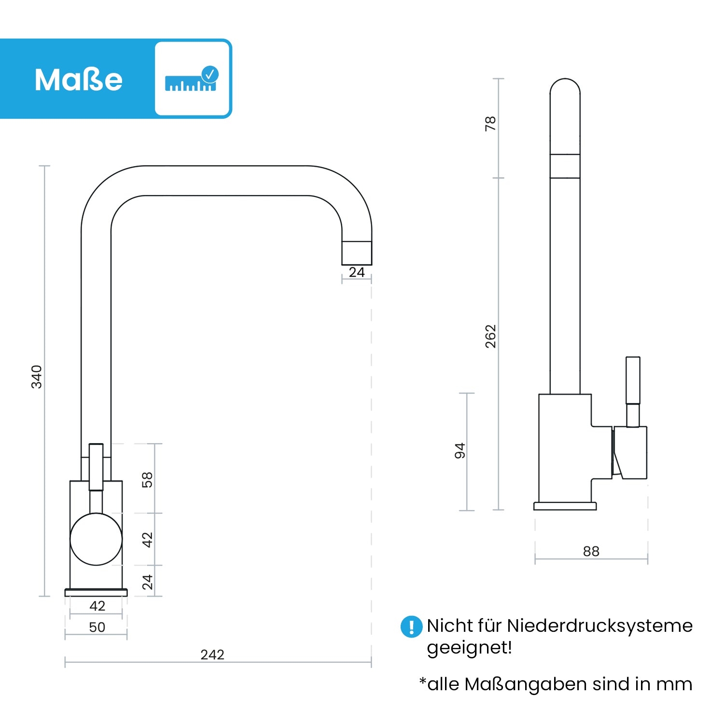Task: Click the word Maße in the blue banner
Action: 78,80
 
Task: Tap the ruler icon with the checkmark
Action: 192,79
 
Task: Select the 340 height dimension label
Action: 37,376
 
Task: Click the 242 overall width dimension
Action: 212,654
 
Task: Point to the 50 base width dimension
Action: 97,627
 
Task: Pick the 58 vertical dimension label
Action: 147,480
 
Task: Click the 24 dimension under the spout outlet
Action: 357,272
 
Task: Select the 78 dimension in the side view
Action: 490,124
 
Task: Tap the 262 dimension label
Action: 490,336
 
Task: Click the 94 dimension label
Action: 460,450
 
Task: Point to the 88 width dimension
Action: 591,551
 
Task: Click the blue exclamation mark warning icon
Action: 411,627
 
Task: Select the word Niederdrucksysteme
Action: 599,626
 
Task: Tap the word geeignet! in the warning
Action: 469,648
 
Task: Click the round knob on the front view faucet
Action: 96,539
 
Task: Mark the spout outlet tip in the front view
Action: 357,253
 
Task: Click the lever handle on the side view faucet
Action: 633,381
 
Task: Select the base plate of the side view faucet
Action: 565,506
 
